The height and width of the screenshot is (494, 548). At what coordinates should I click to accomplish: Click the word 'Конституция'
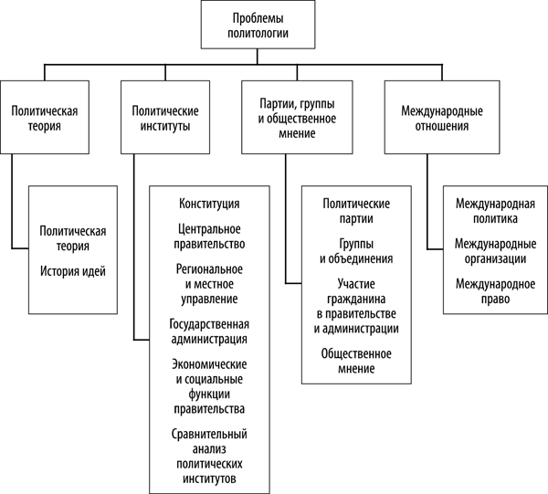(209, 203)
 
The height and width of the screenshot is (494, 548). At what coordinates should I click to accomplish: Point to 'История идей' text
(72, 271)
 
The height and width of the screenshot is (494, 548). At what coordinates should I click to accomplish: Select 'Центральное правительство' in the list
(209, 236)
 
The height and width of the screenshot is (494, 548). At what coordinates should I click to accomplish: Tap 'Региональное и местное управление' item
(209, 283)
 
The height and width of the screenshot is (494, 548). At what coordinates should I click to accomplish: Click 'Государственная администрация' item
(209, 331)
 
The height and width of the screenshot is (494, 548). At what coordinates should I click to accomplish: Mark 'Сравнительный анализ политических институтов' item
(209, 455)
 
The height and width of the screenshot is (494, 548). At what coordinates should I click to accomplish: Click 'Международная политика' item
(493, 210)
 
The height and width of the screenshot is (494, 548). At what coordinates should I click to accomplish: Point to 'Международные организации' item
(493, 250)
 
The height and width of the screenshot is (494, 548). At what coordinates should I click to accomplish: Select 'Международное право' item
(493, 291)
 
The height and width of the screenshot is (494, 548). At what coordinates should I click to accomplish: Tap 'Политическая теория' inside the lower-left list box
(72, 238)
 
